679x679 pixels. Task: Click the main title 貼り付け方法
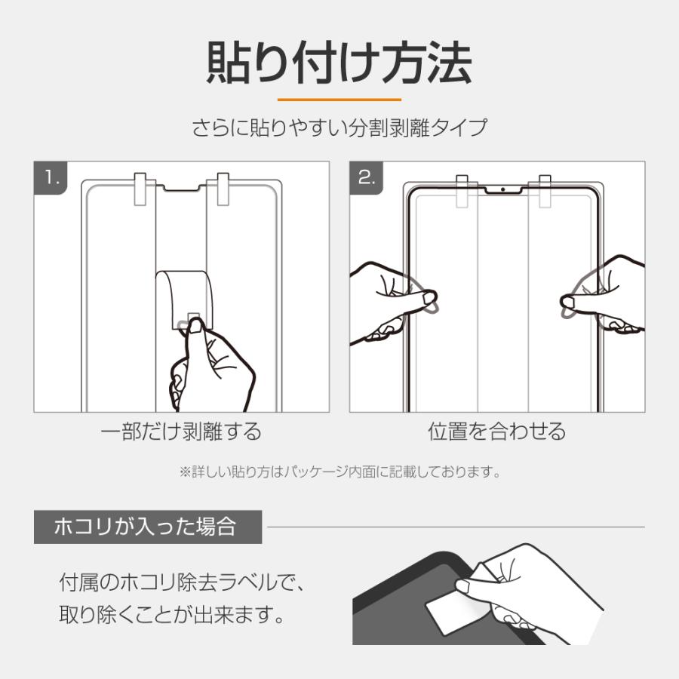[339, 63]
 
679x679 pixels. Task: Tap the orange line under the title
[339, 100]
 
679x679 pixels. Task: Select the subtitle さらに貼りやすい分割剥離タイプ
[339, 128]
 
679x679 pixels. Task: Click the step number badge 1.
[51, 177]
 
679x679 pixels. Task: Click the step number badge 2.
[367, 177]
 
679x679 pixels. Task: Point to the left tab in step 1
[140, 189]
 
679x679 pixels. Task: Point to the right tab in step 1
[223, 189]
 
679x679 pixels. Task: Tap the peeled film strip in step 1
[185, 299]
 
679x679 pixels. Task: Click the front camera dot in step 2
[502, 189]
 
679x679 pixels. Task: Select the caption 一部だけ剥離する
[181, 432]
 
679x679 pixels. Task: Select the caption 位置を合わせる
[497, 432]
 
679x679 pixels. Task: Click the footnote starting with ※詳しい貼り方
[340, 472]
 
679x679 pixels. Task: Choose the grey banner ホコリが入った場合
[148, 527]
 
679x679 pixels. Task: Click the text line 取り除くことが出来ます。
[171, 614]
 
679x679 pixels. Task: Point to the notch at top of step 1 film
[181, 189]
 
